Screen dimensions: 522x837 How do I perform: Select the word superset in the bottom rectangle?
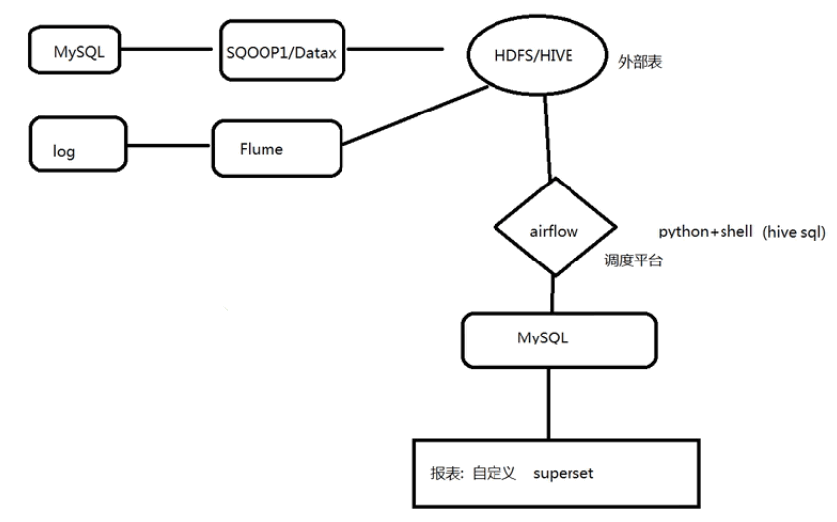pyautogui.click(x=564, y=474)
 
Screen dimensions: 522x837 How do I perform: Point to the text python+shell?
pyautogui.click(x=700, y=232)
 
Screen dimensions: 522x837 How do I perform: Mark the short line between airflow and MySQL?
pyautogui.click(x=553, y=295)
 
